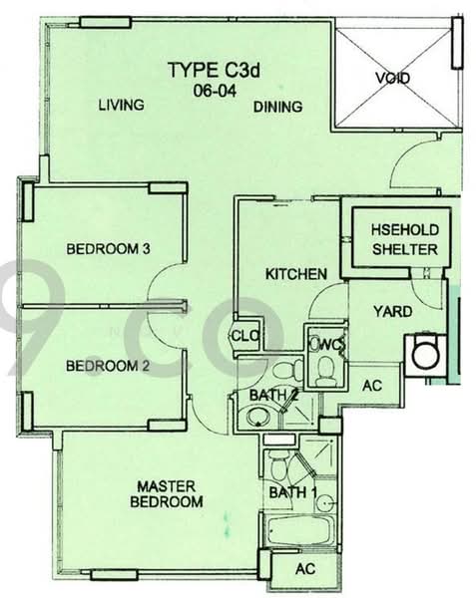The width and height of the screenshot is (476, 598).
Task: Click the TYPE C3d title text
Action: pos(215,70)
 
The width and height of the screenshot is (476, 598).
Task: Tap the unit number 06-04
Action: pos(215,91)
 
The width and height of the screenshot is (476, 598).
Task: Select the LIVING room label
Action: pos(122,105)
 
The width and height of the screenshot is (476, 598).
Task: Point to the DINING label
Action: pos(277,107)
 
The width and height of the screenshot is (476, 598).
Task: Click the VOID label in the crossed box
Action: pos(393,78)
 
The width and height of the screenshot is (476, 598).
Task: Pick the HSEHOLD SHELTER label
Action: pos(405,239)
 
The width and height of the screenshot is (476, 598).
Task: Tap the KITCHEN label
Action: pos(296,274)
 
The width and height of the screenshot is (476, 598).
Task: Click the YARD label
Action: pos(393,312)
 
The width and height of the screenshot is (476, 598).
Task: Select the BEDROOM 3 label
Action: pos(108,248)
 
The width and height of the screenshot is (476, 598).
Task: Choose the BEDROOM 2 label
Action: pos(107,366)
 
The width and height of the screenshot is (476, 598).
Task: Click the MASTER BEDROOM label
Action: pos(167,494)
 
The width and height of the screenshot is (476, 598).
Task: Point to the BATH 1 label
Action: pos(292,492)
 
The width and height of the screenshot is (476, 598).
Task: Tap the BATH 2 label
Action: pos(273,395)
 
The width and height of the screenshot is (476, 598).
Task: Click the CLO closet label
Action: pos(245,336)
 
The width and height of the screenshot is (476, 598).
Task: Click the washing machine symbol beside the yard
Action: pos(425,354)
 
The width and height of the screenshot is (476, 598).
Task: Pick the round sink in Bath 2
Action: pos(258,417)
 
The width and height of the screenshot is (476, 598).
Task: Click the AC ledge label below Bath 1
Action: pos(305,569)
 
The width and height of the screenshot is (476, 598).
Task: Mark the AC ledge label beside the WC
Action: pos(372,385)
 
